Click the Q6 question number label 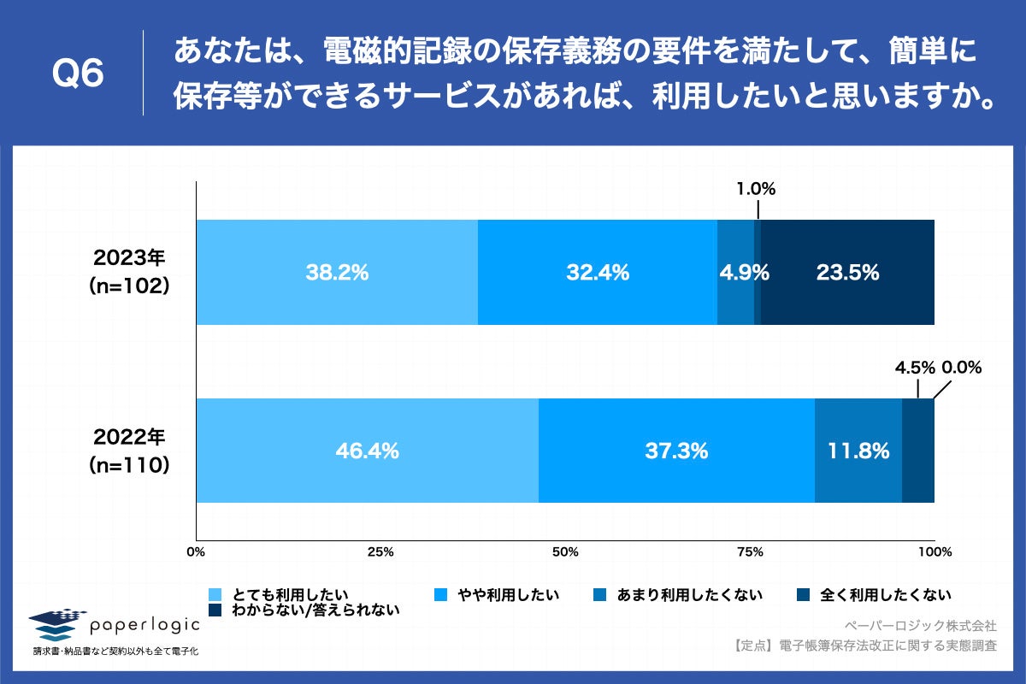coord(78,75)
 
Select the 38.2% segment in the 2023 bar coord(337,273)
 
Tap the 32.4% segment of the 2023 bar coord(597,273)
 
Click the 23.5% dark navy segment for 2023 coord(846,273)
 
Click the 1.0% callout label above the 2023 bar coord(757,190)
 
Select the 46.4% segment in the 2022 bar coord(367,451)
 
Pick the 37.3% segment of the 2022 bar coord(675,451)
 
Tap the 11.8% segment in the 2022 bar coord(858,451)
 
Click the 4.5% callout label coord(915,369)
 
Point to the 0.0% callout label coord(962,369)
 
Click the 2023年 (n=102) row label coord(129,273)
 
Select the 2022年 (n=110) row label coord(129,451)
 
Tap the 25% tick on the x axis coord(380,552)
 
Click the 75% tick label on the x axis coord(750,552)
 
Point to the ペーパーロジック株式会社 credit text coord(919,626)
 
